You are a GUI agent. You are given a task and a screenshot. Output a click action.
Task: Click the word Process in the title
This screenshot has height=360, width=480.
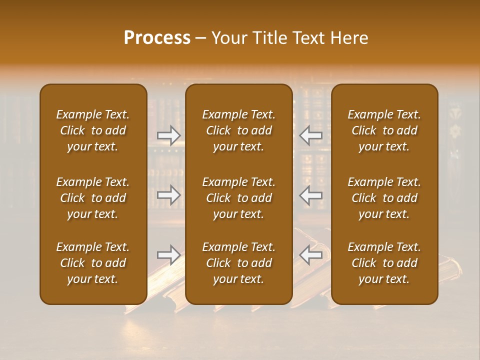157,38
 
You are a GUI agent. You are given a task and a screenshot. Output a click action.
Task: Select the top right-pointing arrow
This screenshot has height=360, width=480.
169,135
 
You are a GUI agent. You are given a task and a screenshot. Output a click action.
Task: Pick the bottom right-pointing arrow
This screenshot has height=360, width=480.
169,254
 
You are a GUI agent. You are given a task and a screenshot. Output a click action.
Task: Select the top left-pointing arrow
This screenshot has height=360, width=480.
311,135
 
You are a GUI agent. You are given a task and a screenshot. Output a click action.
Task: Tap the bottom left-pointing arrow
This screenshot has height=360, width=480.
311,254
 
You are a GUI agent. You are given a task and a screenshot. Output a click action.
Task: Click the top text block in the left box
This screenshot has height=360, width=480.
93,130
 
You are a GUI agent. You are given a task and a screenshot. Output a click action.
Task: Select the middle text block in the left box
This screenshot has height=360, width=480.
93,198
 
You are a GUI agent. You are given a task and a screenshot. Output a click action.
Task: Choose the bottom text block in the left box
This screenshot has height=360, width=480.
93,263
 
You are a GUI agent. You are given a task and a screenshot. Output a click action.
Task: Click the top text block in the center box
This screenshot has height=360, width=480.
239,130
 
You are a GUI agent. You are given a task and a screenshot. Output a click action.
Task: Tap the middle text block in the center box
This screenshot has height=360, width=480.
239,198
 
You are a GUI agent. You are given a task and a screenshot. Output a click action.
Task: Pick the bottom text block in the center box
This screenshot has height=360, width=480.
239,263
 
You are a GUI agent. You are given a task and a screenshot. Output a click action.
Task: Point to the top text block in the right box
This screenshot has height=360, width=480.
384,130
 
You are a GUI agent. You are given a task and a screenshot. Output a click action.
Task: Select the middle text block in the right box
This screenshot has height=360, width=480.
384,198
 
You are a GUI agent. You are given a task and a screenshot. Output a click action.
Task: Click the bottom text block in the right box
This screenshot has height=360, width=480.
384,263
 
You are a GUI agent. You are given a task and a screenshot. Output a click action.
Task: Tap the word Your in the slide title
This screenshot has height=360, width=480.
228,38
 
